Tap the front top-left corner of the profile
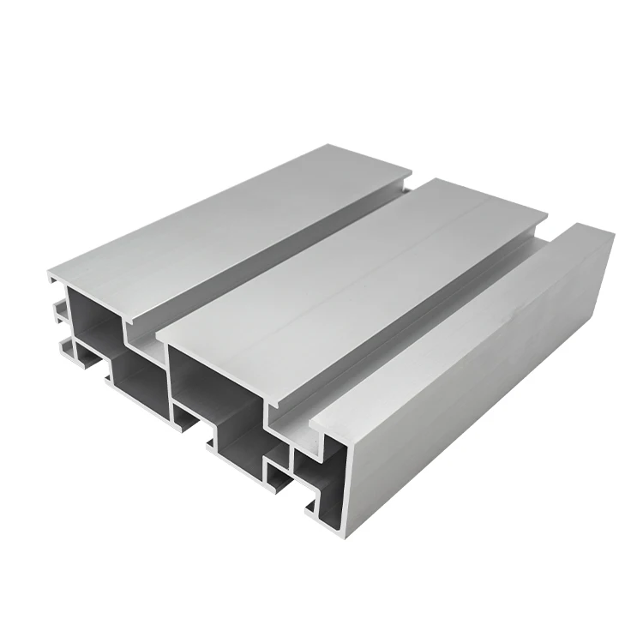pos(50,276)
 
